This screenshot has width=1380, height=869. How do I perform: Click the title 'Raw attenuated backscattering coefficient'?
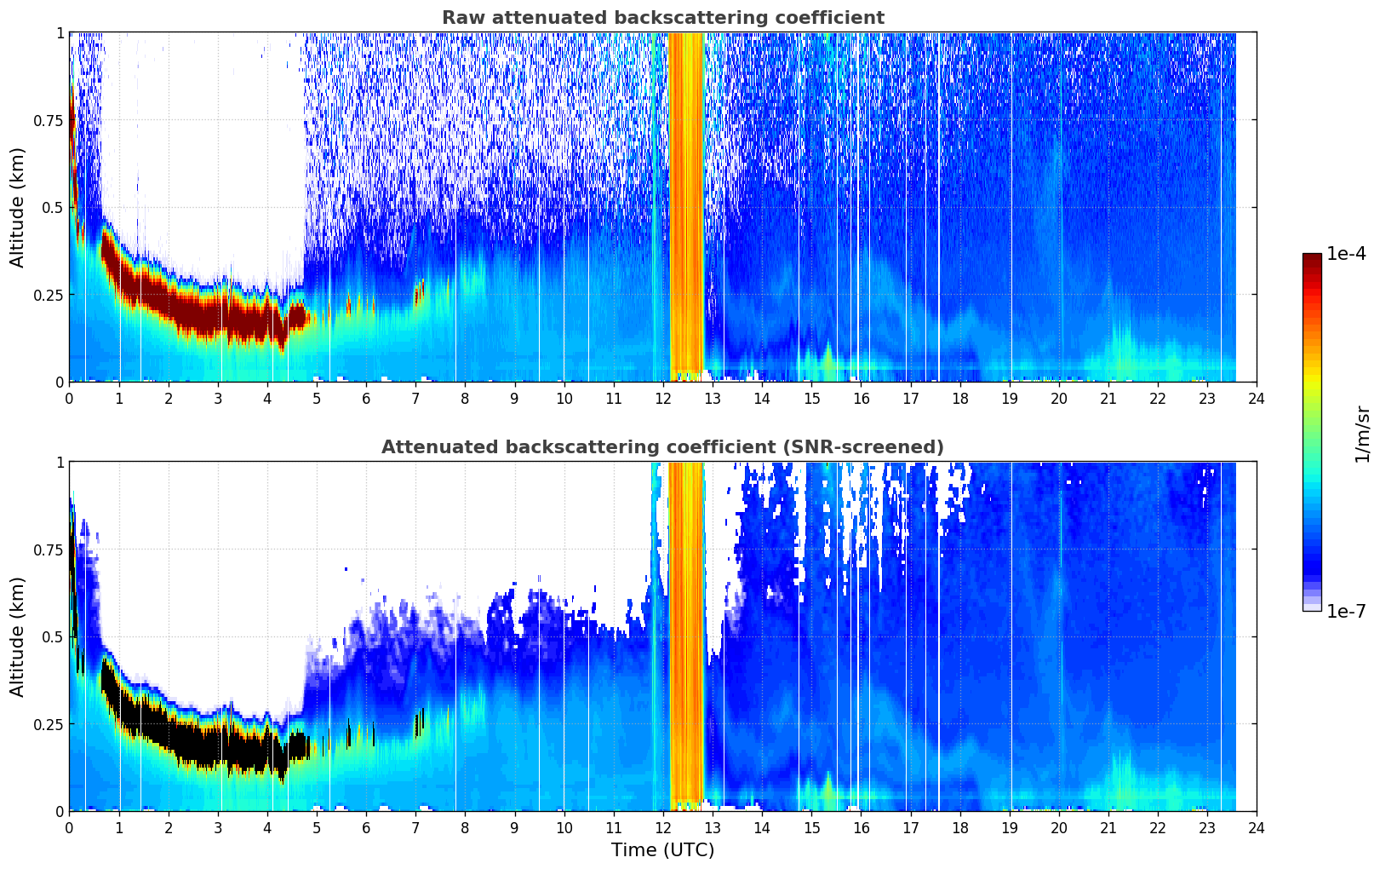663,17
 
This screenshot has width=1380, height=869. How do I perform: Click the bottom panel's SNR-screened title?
663,446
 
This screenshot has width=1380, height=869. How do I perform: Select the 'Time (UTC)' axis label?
663,850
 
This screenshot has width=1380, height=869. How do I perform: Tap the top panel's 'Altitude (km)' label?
17,208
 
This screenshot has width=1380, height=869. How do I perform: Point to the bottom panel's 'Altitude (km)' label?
17,637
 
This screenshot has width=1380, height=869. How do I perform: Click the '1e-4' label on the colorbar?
1346,253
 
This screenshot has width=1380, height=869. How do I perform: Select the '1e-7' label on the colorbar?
1346,612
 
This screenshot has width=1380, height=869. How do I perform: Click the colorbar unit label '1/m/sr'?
1362,434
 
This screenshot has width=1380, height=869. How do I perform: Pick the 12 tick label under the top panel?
663,398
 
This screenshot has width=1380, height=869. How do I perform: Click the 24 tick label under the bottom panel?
1257,828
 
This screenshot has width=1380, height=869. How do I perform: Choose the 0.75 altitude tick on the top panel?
48,120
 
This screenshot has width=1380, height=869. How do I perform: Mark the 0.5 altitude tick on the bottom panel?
53,637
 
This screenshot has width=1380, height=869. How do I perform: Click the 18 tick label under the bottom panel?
959,828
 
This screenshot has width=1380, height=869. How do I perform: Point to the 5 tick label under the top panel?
317,398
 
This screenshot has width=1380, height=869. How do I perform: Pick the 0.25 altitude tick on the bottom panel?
48,724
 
